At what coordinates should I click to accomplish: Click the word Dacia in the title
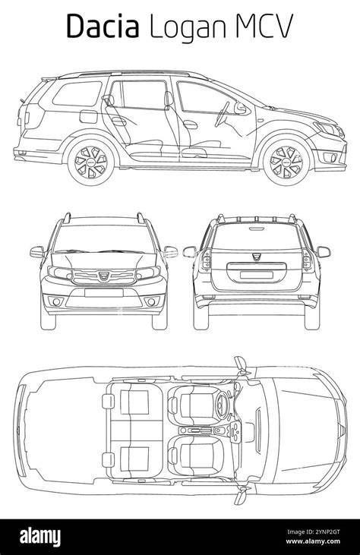coord(103,26)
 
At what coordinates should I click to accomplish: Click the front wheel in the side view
coord(286,162)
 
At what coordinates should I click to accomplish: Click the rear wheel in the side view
coord(91,162)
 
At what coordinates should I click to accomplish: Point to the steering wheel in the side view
coord(222,114)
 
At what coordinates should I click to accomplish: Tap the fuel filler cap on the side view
coord(89,116)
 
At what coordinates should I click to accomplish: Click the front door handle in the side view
coord(191,125)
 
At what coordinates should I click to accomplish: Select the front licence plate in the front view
coord(104,293)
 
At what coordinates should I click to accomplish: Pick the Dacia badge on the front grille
coord(104,276)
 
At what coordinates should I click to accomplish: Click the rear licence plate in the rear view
coord(256,275)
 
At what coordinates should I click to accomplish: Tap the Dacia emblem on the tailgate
coord(256,257)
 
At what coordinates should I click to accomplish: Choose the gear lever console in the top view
coord(201,430)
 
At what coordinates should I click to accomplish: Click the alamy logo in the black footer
coord(40,538)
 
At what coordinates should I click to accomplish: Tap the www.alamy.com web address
coord(313,541)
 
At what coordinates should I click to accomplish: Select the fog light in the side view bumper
coord(330,157)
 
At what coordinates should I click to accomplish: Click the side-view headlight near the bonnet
coord(330,128)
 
